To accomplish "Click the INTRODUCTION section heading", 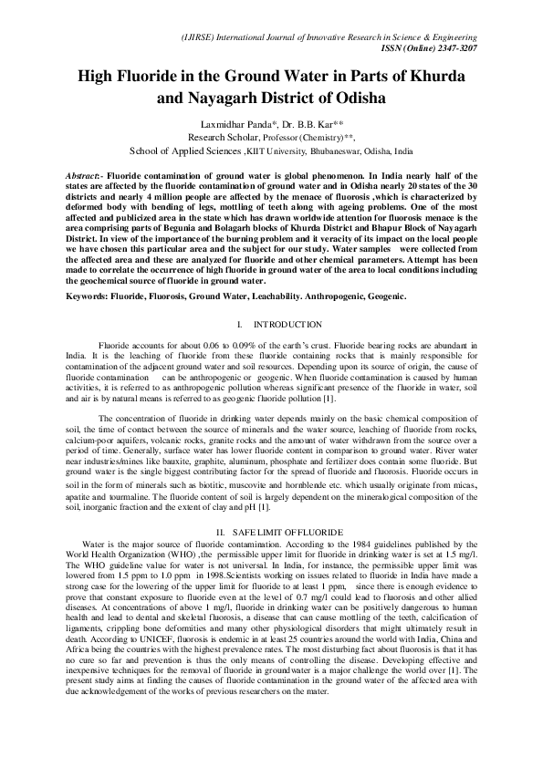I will (x=287, y=325).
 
